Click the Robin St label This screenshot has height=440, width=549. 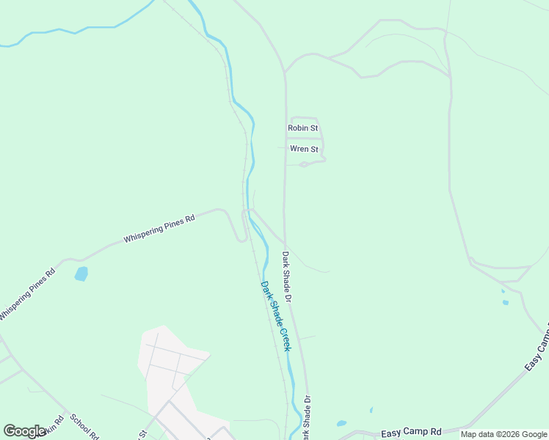click(302, 128)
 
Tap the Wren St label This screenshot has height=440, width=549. click(304, 149)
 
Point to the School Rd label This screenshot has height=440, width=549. click(84, 425)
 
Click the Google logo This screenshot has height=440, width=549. click(24, 431)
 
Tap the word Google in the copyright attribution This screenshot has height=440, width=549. click(534, 434)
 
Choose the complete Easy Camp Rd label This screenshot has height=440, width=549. click(411, 433)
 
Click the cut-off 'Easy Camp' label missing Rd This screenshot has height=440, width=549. click(537, 347)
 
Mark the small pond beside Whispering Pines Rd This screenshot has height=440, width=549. click(81, 274)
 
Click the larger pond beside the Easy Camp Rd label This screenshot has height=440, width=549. click(341, 423)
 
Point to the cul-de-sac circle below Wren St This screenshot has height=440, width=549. click(304, 164)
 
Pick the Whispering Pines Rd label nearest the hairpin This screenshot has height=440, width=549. click(159, 229)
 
